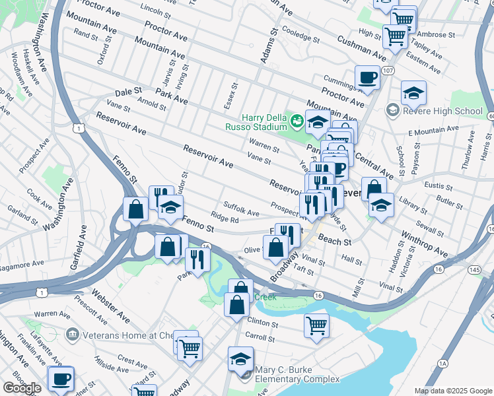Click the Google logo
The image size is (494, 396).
(22, 388)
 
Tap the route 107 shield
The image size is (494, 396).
(388, 71)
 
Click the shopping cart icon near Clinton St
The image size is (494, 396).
(316, 325)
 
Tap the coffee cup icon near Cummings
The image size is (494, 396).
(367, 78)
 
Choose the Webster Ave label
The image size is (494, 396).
(111, 305)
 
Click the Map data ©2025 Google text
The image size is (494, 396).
(452, 391)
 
